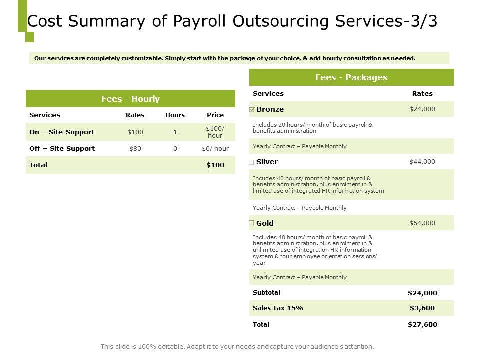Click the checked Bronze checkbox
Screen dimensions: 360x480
(251, 109)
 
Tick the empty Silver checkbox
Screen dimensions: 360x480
(251, 162)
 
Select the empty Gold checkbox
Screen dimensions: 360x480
(251, 223)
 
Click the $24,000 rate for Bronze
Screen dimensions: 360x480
(422, 109)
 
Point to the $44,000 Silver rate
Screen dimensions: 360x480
(422, 162)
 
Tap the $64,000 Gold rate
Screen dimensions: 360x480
(422, 223)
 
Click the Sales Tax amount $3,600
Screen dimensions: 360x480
(422, 308)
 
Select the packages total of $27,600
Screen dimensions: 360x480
(422, 324)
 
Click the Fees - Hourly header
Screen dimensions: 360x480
(130, 99)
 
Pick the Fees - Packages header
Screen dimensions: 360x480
(351, 77)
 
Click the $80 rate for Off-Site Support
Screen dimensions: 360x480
(135, 148)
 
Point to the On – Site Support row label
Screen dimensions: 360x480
(62, 132)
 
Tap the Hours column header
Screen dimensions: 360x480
(175, 115)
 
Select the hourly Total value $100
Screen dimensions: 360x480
(215, 165)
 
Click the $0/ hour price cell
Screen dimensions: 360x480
(215, 148)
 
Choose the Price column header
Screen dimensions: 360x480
(215, 115)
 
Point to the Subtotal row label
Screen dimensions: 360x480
(267, 293)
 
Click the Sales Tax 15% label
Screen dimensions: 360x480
(278, 308)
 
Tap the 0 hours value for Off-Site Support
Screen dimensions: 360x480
(175, 148)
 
